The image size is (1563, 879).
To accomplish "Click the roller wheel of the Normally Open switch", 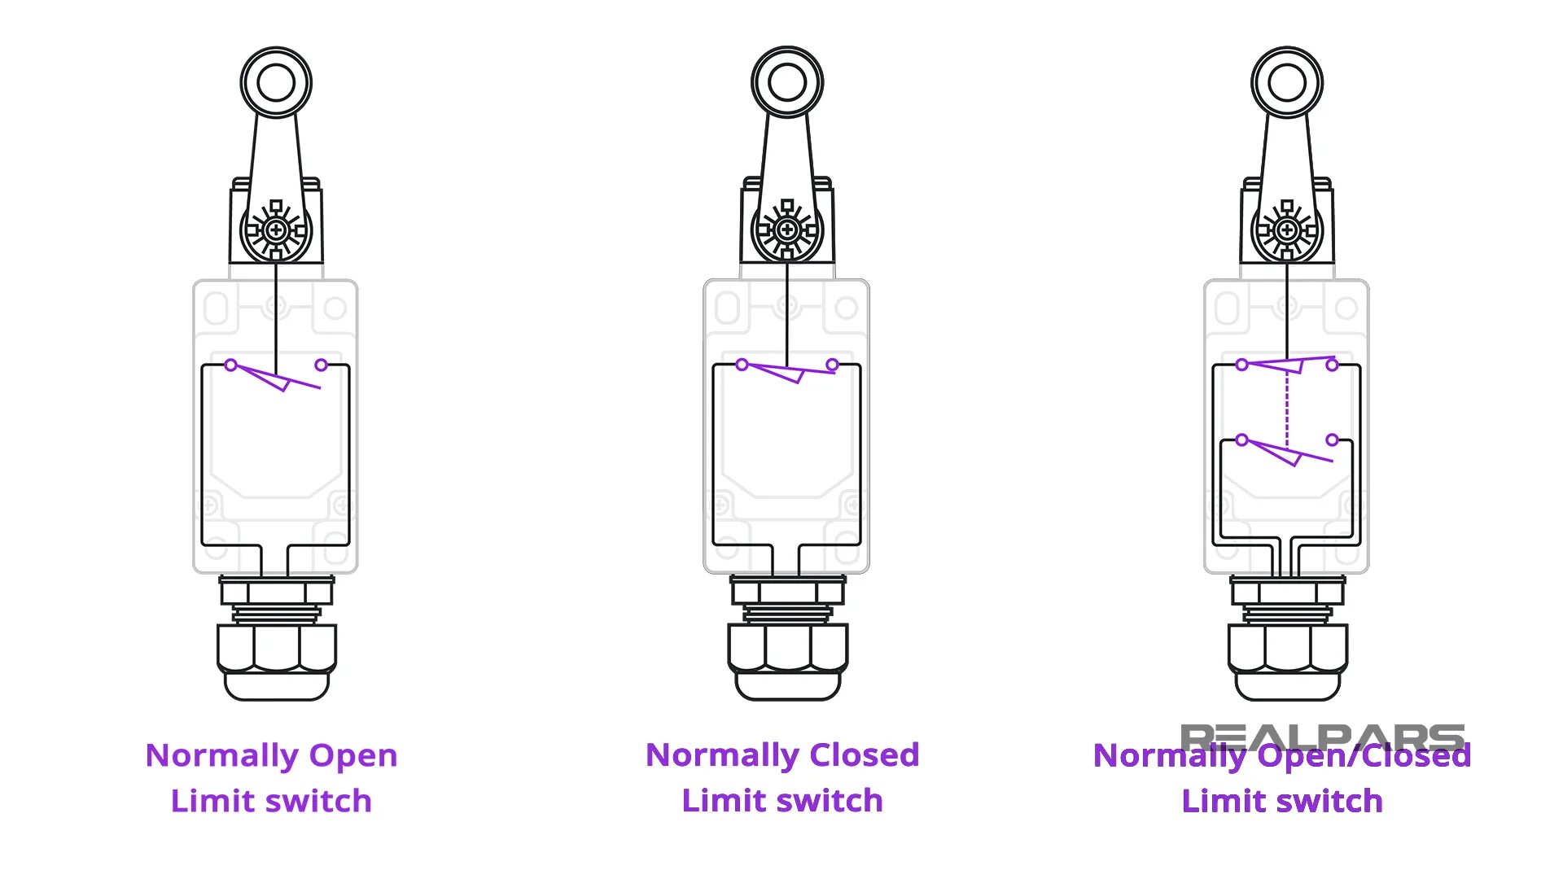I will [276, 82].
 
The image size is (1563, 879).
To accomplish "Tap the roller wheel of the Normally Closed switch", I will [787, 82].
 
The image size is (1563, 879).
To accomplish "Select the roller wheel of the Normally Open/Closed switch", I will [1287, 82].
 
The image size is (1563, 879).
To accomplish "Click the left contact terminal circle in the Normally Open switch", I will [231, 365].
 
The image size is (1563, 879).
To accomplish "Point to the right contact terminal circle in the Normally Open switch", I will [322, 365].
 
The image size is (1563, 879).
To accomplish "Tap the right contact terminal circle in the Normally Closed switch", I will [832, 365].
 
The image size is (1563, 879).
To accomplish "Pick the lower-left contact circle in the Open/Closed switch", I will [1241, 440].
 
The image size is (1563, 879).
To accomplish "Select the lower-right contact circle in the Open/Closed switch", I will [1332, 440].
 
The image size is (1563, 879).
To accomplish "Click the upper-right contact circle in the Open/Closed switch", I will [1332, 365].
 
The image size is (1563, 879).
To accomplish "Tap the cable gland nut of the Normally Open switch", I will [277, 649].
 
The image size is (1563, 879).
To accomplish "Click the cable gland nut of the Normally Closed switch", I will [787, 649].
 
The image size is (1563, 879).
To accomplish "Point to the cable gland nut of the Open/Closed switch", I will [1287, 649].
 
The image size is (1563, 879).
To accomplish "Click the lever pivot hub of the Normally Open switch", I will [276, 230].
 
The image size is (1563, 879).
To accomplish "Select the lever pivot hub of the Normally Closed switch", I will [787, 230].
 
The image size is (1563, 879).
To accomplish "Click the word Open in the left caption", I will [353, 755].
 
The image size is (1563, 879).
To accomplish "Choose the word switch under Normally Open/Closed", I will [1330, 801].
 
